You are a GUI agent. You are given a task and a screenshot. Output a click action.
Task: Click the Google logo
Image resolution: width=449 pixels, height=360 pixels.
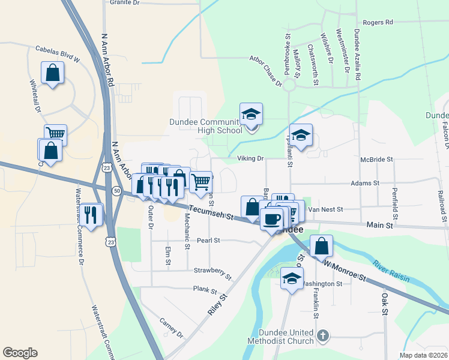(x=20, y=353)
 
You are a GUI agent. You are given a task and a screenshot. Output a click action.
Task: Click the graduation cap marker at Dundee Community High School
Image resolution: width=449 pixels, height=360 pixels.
(x=252, y=114)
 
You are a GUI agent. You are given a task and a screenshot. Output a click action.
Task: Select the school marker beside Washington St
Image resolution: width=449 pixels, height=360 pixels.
(x=292, y=278)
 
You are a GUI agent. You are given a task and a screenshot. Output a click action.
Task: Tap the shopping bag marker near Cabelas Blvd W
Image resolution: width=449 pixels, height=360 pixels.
(x=53, y=73)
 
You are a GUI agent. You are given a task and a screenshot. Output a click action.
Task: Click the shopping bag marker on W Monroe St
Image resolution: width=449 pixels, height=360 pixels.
(x=322, y=246)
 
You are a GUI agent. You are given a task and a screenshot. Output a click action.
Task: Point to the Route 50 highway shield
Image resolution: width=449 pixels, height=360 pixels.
(x=116, y=190)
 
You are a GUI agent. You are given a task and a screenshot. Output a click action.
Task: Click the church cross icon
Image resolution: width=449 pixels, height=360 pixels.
(x=323, y=337)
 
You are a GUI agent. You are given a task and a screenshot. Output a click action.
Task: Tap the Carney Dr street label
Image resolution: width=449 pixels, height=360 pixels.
(x=171, y=327)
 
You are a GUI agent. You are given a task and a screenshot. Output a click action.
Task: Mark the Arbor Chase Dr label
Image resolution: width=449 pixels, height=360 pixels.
(x=265, y=70)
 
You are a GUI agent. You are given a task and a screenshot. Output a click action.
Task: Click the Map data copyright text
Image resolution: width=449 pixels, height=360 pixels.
(x=423, y=355)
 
